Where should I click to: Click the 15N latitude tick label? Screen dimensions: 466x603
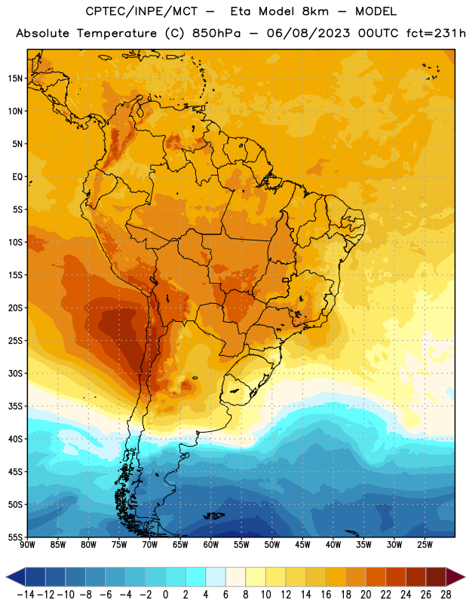point(15,78)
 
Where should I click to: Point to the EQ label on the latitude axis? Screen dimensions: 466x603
point(17,177)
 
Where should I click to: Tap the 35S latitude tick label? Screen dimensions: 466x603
point(15,406)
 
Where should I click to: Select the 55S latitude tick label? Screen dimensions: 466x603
point(15,537)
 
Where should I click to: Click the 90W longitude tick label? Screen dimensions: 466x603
point(27,545)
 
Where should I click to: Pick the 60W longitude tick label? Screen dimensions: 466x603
point(211,545)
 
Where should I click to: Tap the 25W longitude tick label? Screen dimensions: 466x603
point(425,545)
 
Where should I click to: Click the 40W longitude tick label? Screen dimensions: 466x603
point(333,545)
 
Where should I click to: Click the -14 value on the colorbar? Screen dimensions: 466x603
point(26,595)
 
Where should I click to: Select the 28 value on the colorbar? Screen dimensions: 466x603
point(446,595)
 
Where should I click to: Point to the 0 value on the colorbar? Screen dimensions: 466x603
point(165,595)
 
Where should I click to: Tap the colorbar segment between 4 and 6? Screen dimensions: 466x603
point(216,577)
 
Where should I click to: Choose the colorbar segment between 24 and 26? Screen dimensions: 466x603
point(416,577)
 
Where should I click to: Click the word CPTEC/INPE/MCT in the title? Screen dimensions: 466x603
point(141,11)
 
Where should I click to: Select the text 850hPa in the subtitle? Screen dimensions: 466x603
point(216,33)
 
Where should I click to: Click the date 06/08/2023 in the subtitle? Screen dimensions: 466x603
point(308,33)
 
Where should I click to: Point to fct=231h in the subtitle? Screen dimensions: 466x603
point(436,33)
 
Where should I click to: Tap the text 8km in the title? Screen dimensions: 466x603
point(315,11)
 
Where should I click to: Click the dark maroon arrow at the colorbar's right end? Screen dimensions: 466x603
point(455,577)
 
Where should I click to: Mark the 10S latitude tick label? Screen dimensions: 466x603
point(15,242)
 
